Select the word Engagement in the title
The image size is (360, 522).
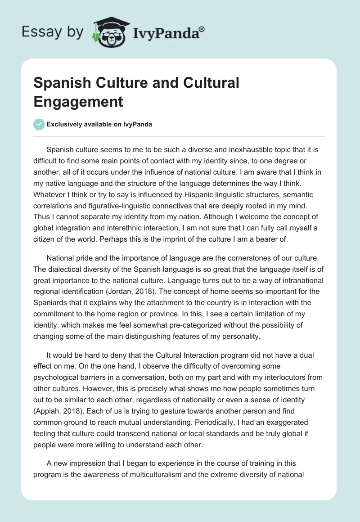[x=78, y=102]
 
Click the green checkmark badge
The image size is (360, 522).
[x=39, y=124]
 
